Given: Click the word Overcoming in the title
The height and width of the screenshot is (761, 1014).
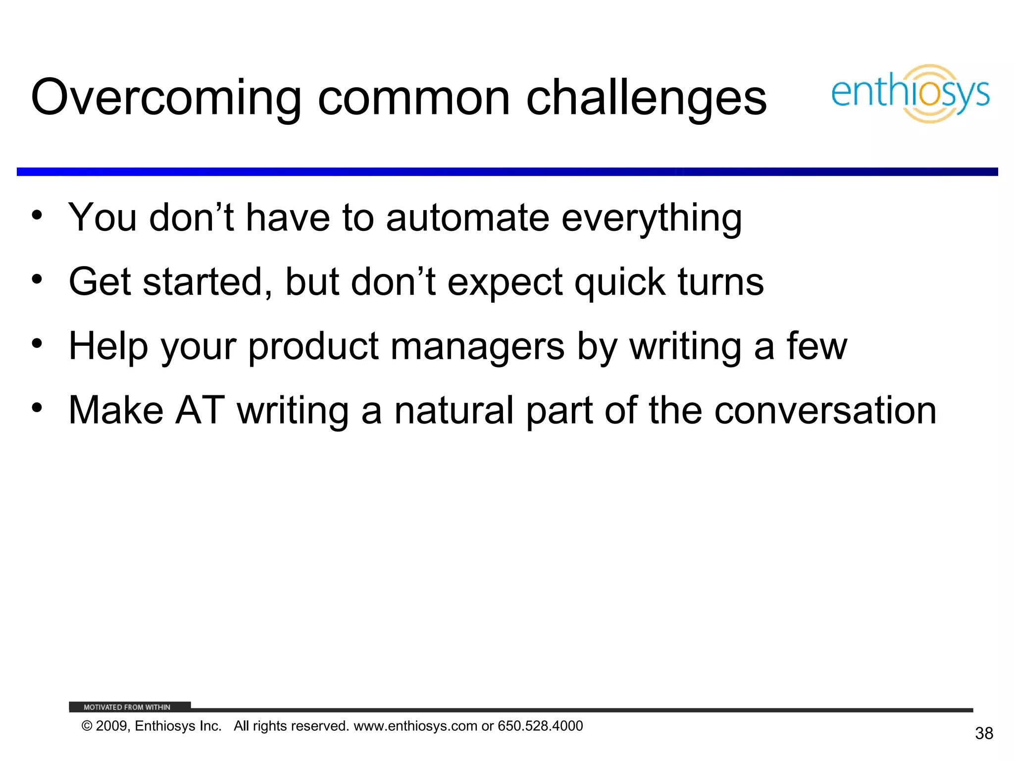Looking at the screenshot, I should click(166, 98).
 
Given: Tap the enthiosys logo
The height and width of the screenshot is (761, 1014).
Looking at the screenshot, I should click(910, 94).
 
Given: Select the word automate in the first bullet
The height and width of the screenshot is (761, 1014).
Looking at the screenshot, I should click(467, 218).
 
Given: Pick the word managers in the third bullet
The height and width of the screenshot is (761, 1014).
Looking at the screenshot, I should click(477, 347).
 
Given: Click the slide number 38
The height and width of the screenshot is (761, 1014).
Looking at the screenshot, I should click(984, 733).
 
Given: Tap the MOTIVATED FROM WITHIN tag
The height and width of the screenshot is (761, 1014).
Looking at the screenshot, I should click(127, 707).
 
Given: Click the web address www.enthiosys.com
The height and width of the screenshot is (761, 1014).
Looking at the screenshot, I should click(415, 726).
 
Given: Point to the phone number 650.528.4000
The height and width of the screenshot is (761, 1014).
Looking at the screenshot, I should click(540, 726).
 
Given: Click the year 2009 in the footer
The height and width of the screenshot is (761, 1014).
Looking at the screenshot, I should click(111, 726).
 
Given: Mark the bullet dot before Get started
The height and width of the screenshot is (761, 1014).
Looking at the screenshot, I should click(37, 279).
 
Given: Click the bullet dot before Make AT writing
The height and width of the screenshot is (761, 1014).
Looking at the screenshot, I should click(37, 408).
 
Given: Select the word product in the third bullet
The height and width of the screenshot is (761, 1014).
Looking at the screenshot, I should click(313, 347).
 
